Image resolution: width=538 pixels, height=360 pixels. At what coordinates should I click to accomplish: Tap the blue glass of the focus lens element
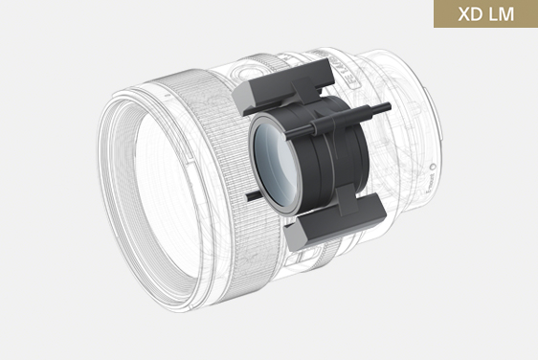click(276, 164)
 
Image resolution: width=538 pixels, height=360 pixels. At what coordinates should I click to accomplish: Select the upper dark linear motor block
click(283, 86)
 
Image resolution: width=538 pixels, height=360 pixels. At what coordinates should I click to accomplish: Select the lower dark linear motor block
click(335, 220)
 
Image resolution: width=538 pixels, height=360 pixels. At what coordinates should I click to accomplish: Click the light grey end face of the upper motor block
click(242, 98)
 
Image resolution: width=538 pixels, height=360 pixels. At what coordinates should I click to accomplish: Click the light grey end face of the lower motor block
click(295, 236)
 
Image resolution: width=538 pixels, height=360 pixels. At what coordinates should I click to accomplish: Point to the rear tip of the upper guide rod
click(389, 106)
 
